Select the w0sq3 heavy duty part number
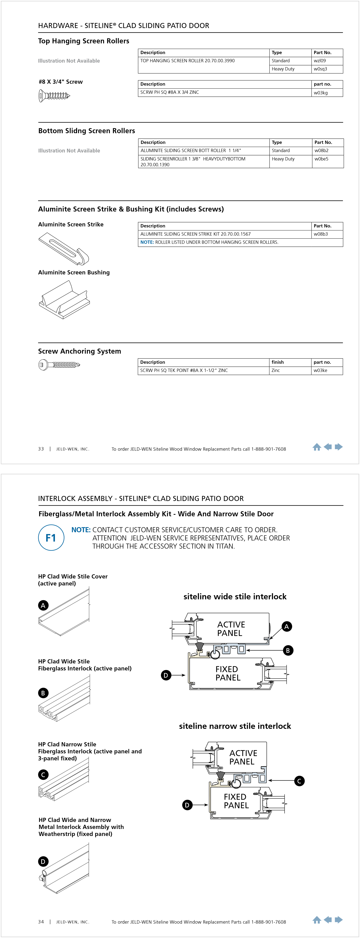tap(320, 69)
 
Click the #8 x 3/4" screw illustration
tap(54, 96)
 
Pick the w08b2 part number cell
tap(321, 150)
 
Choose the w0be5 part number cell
tap(321, 159)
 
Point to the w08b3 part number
tap(321, 234)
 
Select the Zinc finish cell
tap(275, 370)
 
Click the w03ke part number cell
tap(320, 370)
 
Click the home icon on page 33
tap(317, 447)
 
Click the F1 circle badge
tap(51, 538)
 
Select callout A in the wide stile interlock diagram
tap(286, 626)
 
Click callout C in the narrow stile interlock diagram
tap(299, 781)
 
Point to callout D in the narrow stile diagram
tap(187, 805)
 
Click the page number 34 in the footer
tap(41, 922)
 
